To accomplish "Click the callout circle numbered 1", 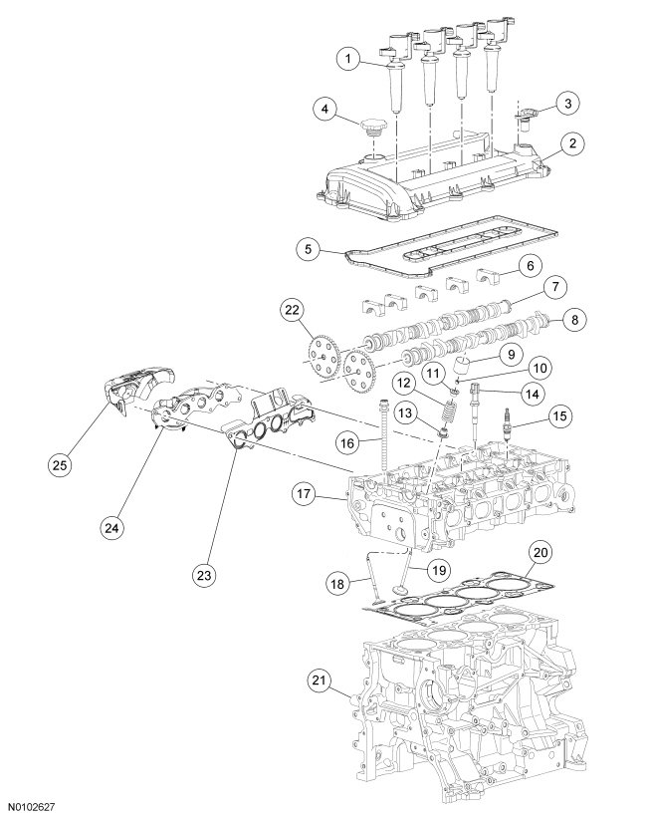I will point(348,60).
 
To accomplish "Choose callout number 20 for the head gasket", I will point(539,551).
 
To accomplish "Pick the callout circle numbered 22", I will point(291,311).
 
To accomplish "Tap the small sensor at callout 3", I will point(525,121).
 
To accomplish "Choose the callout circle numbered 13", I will point(404,412).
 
